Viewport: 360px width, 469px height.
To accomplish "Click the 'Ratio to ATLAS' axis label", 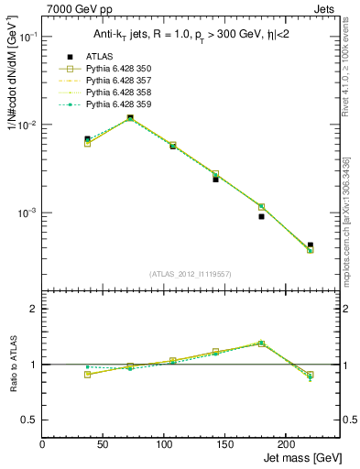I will point(12,363).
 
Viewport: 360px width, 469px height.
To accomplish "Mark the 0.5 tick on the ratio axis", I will point(30,420).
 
